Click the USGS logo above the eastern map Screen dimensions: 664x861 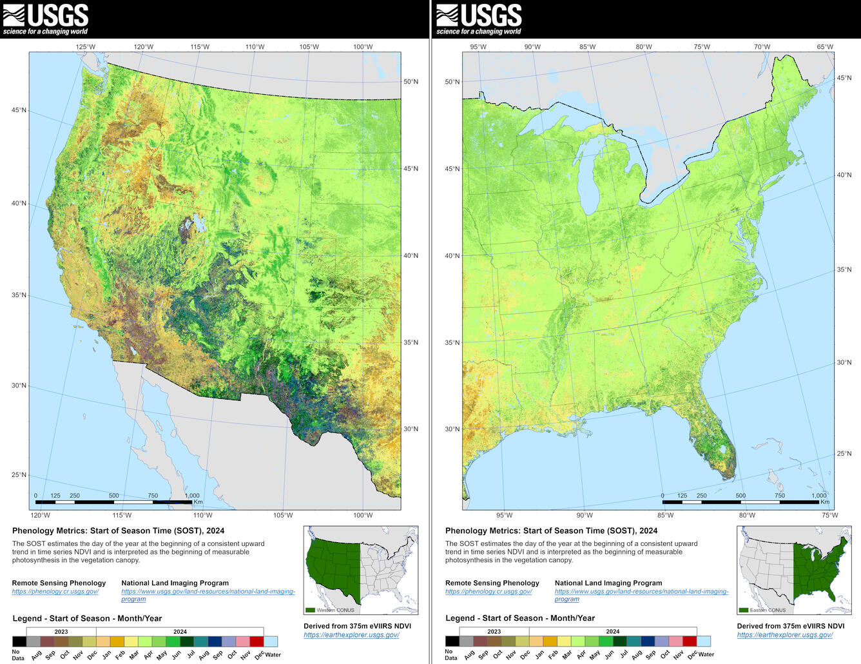[478, 19]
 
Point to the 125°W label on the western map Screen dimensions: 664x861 [85, 46]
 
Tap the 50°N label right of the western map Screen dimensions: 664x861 [411, 82]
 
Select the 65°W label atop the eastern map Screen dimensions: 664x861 [825, 46]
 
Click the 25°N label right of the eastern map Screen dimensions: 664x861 [844, 454]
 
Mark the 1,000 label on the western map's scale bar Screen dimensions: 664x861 [192, 496]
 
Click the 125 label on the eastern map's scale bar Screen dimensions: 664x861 [682, 496]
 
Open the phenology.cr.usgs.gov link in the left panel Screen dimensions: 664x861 [55, 591]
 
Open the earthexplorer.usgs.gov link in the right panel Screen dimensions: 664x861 [784, 634]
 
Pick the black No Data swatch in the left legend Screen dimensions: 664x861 [19, 641]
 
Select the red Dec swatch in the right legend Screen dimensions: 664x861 [690, 641]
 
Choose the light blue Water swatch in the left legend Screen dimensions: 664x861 [271, 641]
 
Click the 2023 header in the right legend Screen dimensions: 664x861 [494, 632]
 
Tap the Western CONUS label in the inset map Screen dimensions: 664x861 [335, 610]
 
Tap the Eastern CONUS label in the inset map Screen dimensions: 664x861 [768, 610]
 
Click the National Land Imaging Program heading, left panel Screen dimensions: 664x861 [175, 583]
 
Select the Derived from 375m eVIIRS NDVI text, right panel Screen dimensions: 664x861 [790, 625]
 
